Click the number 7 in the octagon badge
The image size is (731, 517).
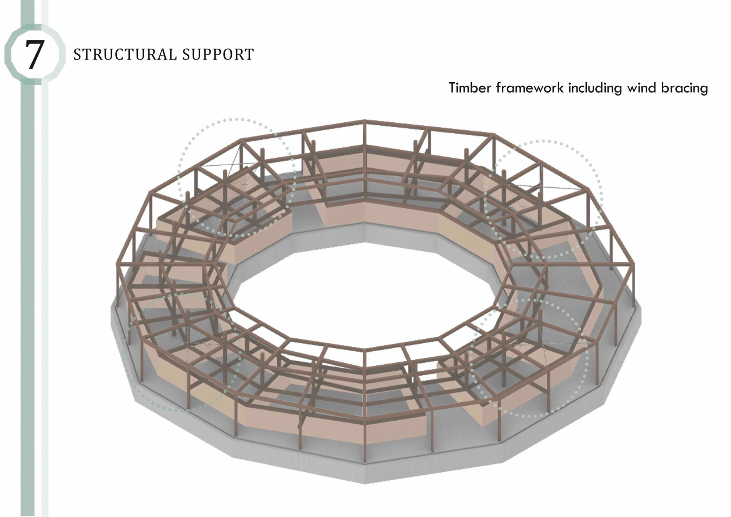tap(34, 55)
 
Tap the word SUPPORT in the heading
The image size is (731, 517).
tap(218, 55)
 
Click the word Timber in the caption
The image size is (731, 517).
tap(469, 88)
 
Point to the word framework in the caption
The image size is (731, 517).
tap(530, 88)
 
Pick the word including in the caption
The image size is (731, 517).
tap(595, 88)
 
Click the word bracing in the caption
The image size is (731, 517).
tap(684, 88)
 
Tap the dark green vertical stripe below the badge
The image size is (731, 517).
tap(27, 267)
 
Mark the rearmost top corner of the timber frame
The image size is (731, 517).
tap(364, 122)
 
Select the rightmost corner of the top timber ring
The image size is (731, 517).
tap(633, 264)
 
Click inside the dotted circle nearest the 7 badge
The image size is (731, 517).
tap(236, 177)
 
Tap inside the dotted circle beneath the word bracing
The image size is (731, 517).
tap(544, 198)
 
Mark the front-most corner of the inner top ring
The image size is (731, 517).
tap(364, 350)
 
